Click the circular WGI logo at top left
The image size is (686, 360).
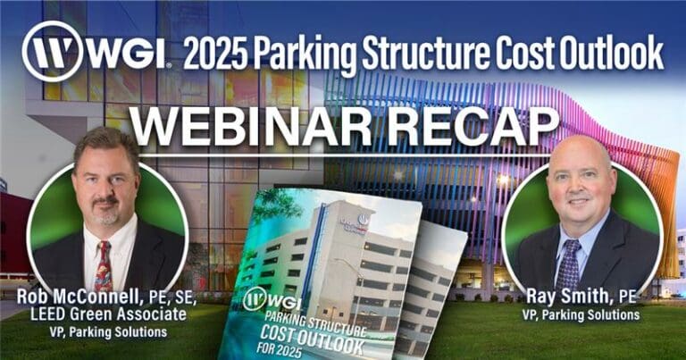[52, 51]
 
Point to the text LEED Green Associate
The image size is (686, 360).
[108, 314]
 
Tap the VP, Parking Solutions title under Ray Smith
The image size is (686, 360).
[581, 314]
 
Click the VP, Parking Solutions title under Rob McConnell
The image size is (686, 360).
[108, 332]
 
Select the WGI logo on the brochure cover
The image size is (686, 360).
[272, 301]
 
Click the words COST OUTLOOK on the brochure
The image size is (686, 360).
[312, 339]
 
